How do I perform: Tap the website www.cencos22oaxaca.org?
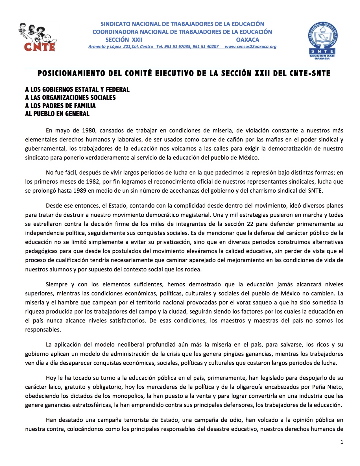250,47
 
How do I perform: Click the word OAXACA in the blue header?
247,40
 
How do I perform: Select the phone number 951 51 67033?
177,47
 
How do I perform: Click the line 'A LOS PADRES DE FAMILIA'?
60,106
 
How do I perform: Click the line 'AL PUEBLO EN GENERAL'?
57,114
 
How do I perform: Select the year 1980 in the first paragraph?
89,130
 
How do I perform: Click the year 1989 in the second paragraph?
80,191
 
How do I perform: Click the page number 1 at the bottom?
342,442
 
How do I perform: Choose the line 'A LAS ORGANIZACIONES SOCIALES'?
70,98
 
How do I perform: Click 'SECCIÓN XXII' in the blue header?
124,40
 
